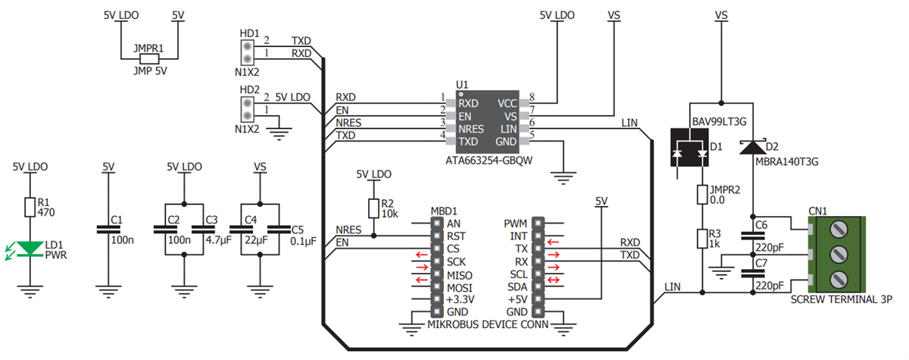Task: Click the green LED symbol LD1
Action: (x=30, y=248)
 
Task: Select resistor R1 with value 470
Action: (x=30, y=207)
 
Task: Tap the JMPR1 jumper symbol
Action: (x=149, y=58)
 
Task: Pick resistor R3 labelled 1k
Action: (x=703, y=239)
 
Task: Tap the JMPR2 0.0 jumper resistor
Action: (x=703, y=195)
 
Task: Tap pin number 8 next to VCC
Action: (x=533, y=98)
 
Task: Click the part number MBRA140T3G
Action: (x=788, y=161)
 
